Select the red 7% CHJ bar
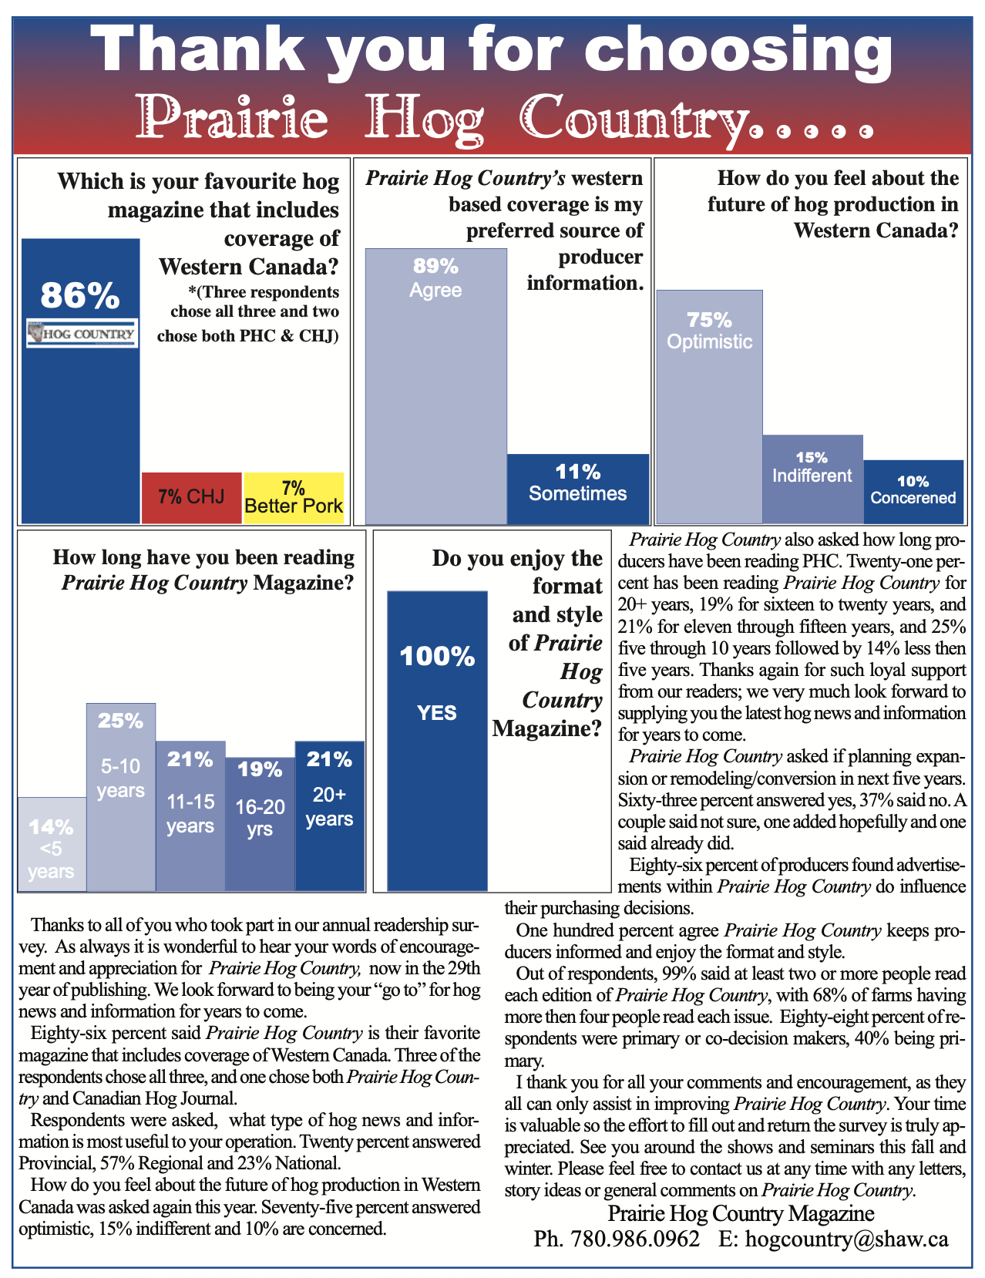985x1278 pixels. [x=191, y=497]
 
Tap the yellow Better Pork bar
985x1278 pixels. [x=293, y=497]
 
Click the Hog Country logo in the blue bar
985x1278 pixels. [x=82, y=334]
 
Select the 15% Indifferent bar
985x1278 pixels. [x=812, y=479]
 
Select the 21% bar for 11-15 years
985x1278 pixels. [x=190, y=817]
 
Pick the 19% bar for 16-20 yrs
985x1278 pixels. [x=260, y=825]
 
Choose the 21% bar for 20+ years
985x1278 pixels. [x=329, y=817]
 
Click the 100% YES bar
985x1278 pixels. [x=437, y=740]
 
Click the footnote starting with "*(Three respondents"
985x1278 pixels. [x=254, y=314]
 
